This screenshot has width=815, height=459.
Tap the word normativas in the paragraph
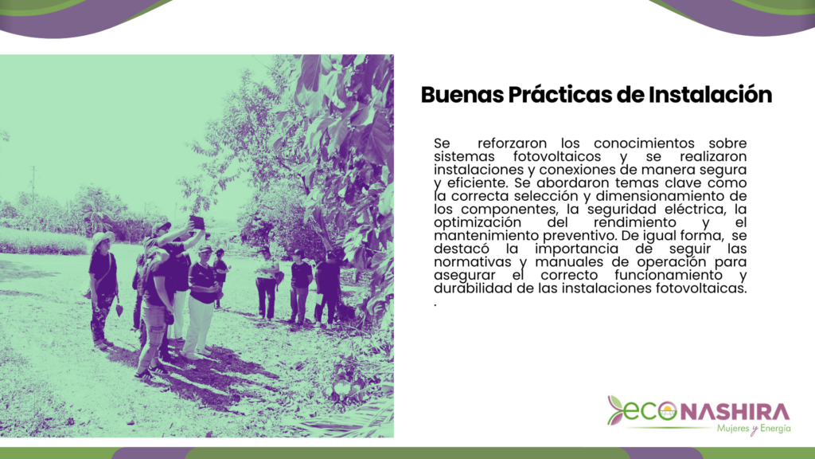(473, 261)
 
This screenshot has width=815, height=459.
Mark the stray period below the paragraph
(435, 305)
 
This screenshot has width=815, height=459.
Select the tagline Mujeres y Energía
(754, 429)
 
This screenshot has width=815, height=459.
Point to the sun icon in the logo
(668, 413)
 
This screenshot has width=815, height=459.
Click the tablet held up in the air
(197, 222)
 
